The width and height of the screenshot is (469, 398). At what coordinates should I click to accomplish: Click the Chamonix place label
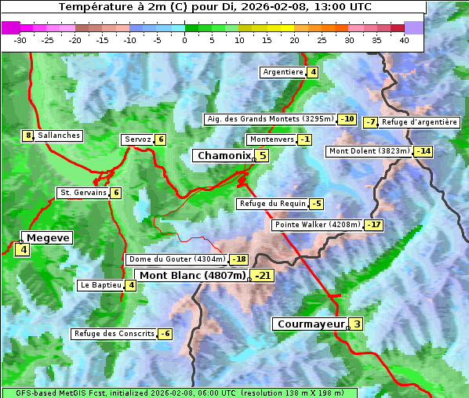(224, 156)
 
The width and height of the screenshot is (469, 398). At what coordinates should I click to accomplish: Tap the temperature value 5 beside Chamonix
(263, 156)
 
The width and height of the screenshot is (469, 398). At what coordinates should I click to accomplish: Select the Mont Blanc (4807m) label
(192, 276)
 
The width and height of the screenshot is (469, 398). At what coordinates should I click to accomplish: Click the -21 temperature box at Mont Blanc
(262, 276)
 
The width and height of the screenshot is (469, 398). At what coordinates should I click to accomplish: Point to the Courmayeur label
(311, 324)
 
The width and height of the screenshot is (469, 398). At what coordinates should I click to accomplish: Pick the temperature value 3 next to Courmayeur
(357, 324)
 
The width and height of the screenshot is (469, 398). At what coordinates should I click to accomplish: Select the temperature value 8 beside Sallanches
(28, 136)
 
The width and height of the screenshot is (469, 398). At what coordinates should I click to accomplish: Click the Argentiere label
(283, 72)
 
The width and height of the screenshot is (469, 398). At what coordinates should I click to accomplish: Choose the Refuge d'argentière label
(420, 122)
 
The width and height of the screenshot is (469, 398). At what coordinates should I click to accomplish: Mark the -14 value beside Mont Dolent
(424, 151)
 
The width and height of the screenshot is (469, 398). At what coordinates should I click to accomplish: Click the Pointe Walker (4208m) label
(317, 225)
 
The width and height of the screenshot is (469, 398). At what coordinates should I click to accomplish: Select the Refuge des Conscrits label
(114, 334)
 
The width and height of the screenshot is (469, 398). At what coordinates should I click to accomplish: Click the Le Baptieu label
(100, 285)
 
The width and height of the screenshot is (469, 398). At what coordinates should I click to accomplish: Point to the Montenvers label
(271, 139)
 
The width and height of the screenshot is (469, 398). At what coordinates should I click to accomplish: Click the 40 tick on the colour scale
(404, 40)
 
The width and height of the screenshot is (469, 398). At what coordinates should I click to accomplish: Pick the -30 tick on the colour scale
(20, 40)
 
